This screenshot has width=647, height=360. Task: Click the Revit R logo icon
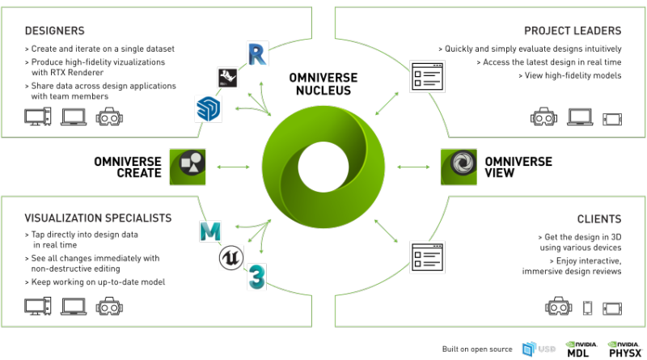pyautogui.click(x=257, y=53)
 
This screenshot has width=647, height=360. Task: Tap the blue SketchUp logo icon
pyautogui.click(x=209, y=108)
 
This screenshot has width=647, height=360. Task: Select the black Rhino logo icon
pyautogui.click(x=228, y=77)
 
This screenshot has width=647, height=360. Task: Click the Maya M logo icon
pyautogui.click(x=210, y=231)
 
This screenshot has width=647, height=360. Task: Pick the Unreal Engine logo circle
pyautogui.click(x=231, y=257)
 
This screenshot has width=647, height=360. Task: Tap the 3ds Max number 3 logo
pyautogui.click(x=256, y=277)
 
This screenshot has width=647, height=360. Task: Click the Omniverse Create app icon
pyautogui.click(x=188, y=167)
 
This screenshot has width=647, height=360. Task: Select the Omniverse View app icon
pyautogui.click(x=459, y=167)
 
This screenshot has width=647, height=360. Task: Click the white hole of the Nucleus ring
pyautogui.click(x=323, y=167)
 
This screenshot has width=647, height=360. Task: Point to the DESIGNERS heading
pyautogui.click(x=54, y=31)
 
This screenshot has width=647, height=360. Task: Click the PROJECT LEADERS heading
pyautogui.click(x=573, y=31)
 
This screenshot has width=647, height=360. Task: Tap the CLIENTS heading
pyautogui.click(x=599, y=218)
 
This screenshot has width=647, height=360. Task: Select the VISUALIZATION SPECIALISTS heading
pyautogui.click(x=98, y=218)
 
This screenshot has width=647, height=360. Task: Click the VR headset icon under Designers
pyautogui.click(x=109, y=116)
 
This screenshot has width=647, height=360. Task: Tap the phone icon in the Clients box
pyautogui.click(x=587, y=308)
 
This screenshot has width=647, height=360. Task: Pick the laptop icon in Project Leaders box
pyautogui.click(x=580, y=117)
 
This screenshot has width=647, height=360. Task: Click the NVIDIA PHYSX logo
pyautogui.click(x=625, y=349)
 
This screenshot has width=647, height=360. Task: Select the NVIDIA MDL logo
pyautogui.click(x=581, y=349)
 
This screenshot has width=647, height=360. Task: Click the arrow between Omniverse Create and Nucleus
pyautogui.click(x=233, y=167)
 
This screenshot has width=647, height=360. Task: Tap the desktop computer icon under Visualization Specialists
pyautogui.click(x=37, y=307)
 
